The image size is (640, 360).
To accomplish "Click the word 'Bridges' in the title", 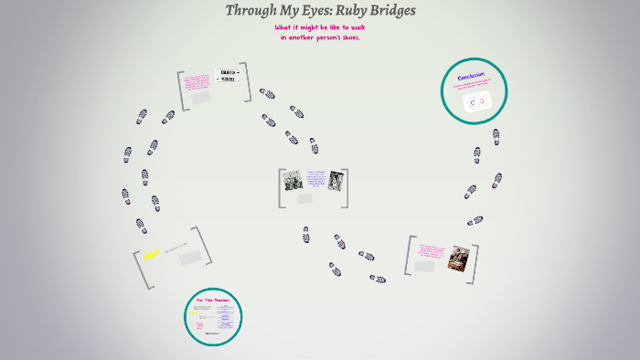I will [x=392, y=11].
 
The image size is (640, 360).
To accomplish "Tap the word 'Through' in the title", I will [x=255, y=11].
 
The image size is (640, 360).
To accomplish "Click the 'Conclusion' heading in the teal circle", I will [x=472, y=76].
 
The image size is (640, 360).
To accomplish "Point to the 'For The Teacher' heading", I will [x=212, y=300].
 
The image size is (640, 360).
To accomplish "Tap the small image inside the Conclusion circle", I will [x=477, y=101].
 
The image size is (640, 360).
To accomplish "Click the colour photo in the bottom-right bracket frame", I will [x=458, y=259].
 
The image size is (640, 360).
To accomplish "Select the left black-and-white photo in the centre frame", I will [x=293, y=180].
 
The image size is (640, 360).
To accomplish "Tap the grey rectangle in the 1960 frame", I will [x=190, y=258].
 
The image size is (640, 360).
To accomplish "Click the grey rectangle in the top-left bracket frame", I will [x=201, y=98].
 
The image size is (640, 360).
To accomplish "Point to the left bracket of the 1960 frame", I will [x=138, y=269].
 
